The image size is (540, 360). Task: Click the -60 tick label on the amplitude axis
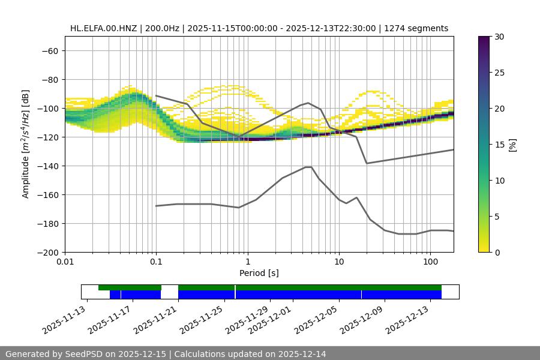click(50, 50)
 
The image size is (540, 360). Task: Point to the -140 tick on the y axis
click(47, 166)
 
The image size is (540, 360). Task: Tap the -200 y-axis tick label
click(47, 252)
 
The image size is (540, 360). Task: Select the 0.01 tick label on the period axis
click(65, 262)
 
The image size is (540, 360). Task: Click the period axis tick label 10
click(339, 262)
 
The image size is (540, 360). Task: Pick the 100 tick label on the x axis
click(430, 262)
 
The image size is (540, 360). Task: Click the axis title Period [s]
click(259, 273)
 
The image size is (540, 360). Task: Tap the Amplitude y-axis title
click(26, 144)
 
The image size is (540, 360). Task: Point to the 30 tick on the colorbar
click(499, 37)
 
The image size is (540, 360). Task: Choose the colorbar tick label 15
click(499, 145)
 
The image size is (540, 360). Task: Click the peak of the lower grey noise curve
click(308, 167)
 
